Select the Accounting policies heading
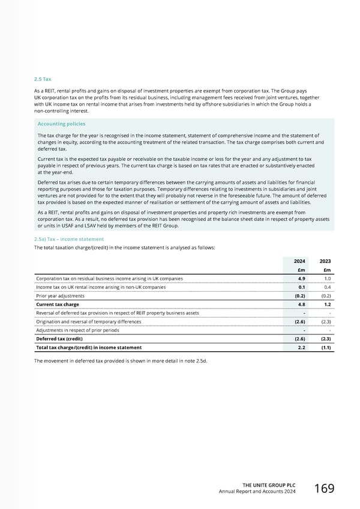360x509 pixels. [x=60, y=124]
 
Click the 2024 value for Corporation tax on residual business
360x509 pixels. [x=304, y=279]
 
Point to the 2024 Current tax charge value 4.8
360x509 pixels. [x=304, y=304]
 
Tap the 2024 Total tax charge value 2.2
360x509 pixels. [x=304, y=348]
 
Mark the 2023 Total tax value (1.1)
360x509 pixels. [x=326, y=348]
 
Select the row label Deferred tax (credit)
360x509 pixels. [x=60, y=339]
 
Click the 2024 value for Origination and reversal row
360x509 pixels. [x=302, y=322]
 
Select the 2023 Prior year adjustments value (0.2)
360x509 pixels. [x=326, y=296]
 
